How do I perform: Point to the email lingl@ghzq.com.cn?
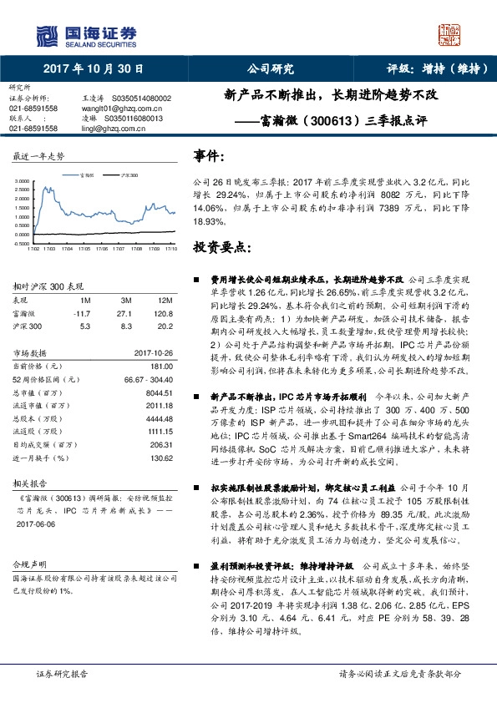click(x=106, y=129)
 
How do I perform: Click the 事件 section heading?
click(x=210, y=157)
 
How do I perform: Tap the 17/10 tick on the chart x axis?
click(x=170, y=249)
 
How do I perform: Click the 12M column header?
click(x=165, y=299)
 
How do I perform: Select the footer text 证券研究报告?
click(x=62, y=674)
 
